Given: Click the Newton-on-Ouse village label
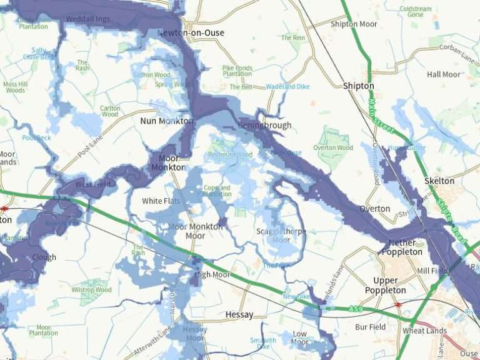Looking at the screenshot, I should [x=191, y=32].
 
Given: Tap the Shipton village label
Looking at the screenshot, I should [x=358, y=86].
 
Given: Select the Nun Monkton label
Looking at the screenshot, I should [x=165, y=121].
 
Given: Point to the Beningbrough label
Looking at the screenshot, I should [x=264, y=126].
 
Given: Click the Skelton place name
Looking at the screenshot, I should [x=439, y=181].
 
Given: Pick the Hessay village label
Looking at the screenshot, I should [x=239, y=315].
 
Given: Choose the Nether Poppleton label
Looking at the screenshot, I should [x=406, y=247].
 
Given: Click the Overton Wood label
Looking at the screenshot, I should [x=333, y=148].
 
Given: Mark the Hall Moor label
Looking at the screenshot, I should [x=444, y=74].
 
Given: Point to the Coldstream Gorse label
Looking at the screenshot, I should [x=416, y=11].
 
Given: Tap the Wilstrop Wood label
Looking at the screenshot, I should [x=91, y=290].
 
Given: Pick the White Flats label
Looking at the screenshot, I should [x=161, y=201].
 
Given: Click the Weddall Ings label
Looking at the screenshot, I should [x=87, y=19].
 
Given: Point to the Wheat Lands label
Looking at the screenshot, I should [x=424, y=331].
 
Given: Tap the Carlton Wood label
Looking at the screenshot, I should [x=110, y=111].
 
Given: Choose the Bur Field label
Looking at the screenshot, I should [x=370, y=327].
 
